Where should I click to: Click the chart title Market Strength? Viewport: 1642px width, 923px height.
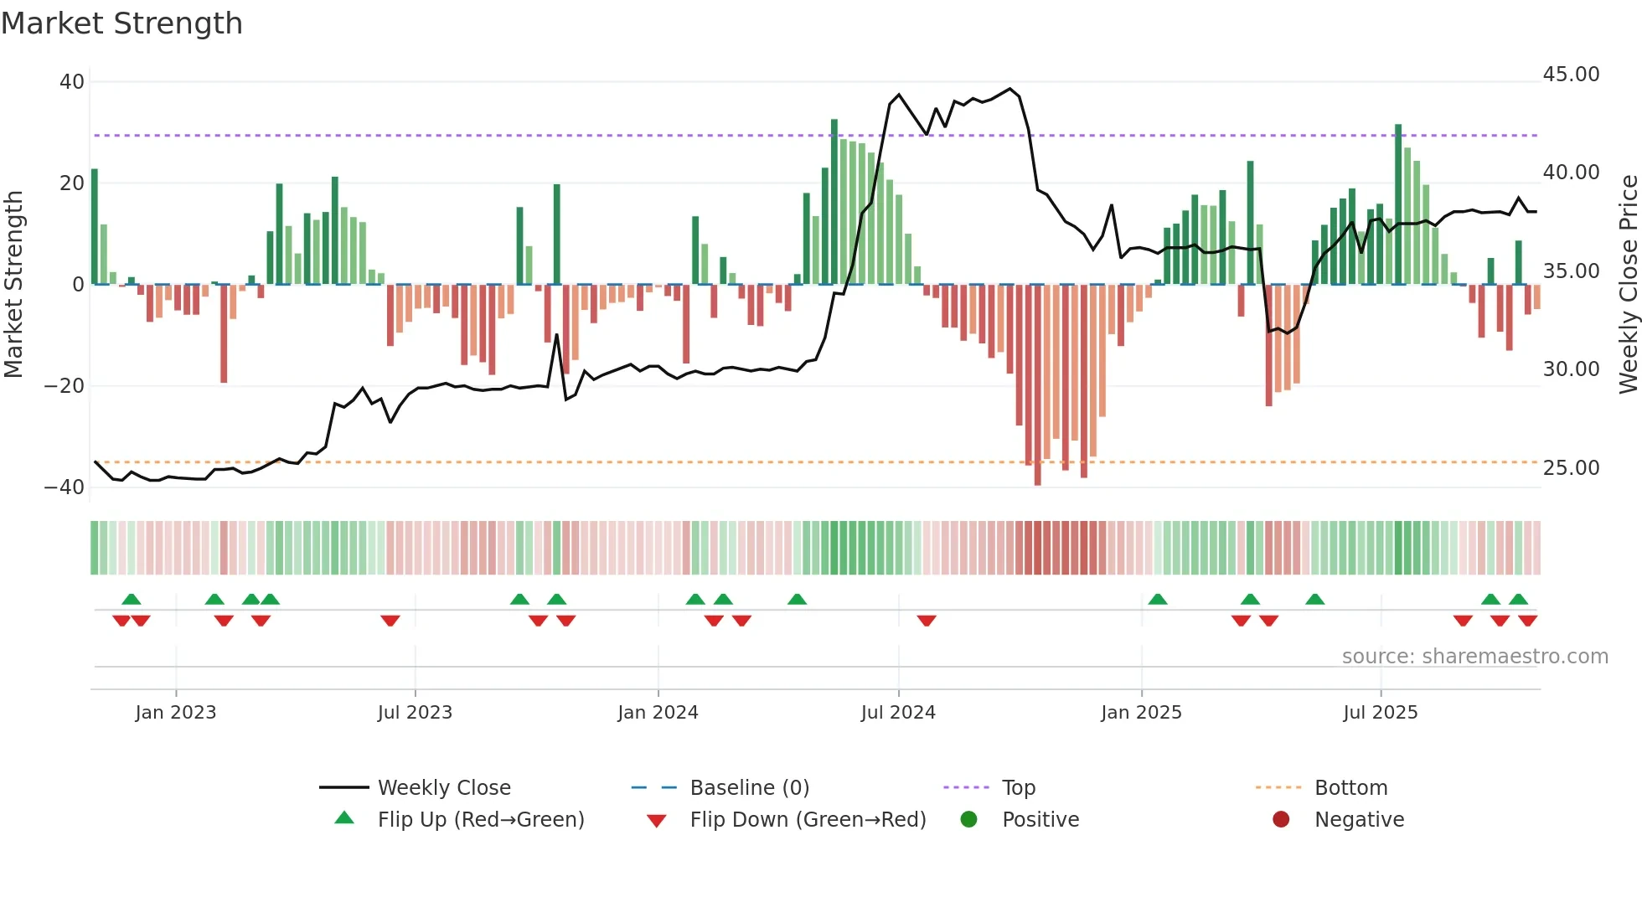[121, 23]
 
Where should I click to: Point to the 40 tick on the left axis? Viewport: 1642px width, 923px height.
[72, 82]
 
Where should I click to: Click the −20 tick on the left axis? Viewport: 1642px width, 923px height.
[65, 386]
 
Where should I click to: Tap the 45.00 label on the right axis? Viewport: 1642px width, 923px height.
[1571, 75]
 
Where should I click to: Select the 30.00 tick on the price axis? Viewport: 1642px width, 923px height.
[1571, 369]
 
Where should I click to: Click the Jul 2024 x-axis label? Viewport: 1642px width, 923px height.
[898, 713]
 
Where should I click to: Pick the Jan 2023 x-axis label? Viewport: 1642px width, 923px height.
[176, 713]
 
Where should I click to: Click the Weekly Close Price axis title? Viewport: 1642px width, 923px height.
[1628, 285]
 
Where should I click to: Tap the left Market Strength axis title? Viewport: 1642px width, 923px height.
[13, 285]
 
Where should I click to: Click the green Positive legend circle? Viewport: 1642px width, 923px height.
[969, 820]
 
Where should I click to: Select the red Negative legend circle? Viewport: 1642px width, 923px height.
[1281, 820]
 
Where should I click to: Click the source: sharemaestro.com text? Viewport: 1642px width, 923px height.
[1474, 657]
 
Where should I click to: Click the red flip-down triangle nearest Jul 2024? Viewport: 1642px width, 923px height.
[926, 621]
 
